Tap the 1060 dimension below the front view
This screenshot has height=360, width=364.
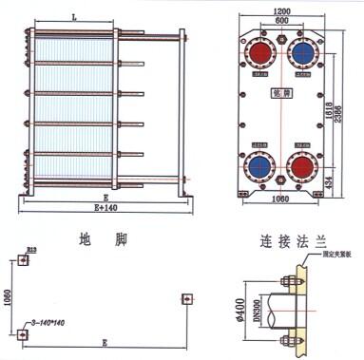click(x=279, y=200)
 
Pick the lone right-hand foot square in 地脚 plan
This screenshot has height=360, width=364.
click(x=186, y=299)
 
